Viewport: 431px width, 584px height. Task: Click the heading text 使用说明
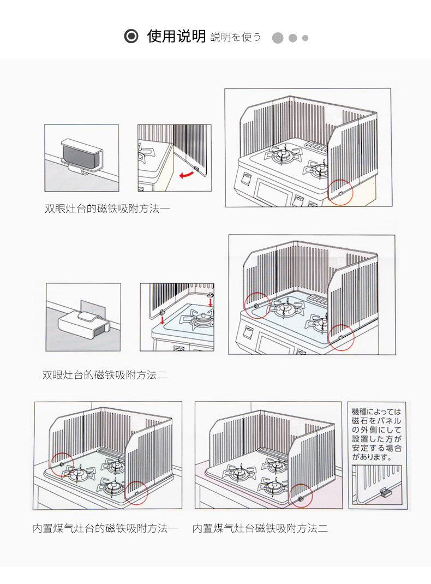(176, 37)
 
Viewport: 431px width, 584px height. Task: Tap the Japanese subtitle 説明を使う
(235, 38)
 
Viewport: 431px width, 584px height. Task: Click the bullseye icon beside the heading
(131, 37)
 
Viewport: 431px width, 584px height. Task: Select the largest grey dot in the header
(278, 38)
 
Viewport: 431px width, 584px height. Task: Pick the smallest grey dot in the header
(305, 38)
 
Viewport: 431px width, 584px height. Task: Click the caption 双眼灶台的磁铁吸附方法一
(107, 208)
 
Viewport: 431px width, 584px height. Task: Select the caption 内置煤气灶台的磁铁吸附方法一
(105, 528)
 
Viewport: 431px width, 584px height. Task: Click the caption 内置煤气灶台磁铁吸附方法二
(260, 528)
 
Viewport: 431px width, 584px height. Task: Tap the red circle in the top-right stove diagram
(341, 192)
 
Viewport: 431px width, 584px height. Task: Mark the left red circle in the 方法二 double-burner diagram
(257, 306)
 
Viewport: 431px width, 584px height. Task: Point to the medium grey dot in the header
(292, 38)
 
